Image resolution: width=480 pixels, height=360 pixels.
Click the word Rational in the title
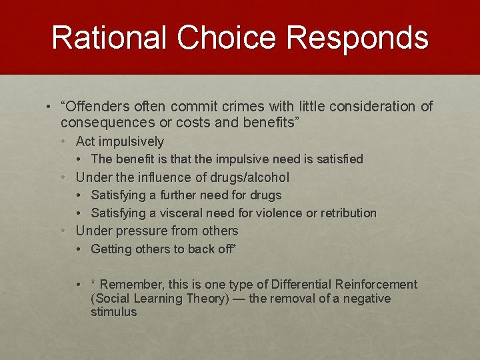[109, 38]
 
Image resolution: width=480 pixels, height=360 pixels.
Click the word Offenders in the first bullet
[95, 106]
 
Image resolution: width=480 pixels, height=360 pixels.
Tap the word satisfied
[338, 159]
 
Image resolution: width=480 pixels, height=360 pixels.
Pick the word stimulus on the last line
[113, 312]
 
